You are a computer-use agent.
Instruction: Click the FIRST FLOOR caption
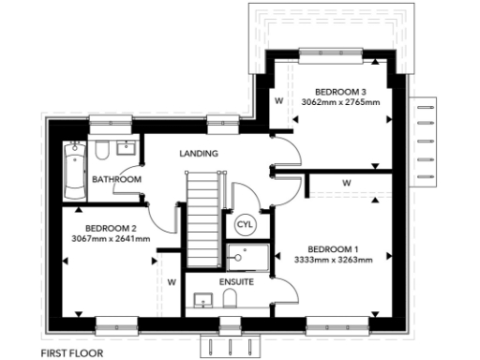pyautogui.click(x=72, y=353)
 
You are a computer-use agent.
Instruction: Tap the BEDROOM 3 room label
pyautogui.click(x=340, y=91)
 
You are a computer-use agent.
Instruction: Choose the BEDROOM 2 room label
pyautogui.click(x=112, y=228)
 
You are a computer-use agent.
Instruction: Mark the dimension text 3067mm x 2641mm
pyautogui.click(x=111, y=238)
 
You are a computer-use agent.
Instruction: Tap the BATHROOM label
pyautogui.click(x=117, y=179)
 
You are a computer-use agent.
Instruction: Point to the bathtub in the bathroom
pyautogui.click(x=74, y=170)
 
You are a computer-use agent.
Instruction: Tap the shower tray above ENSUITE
pyautogui.click(x=247, y=257)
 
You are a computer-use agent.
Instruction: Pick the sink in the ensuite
pyautogui.click(x=201, y=300)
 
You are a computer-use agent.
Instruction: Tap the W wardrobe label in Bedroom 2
pyautogui.click(x=171, y=280)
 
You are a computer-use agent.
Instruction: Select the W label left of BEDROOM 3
pyautogui.click(x=278, y=98)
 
